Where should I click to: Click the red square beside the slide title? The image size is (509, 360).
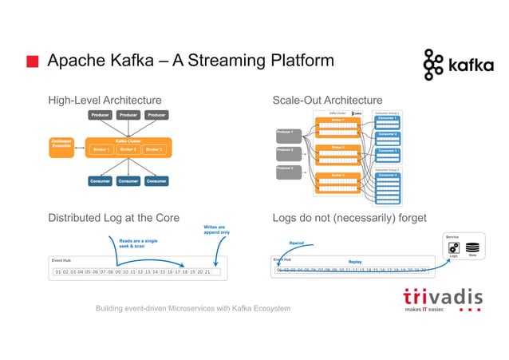[31, 62]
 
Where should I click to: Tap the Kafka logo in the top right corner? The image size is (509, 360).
[458, 65]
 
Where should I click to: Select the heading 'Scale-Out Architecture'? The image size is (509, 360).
[327, 100]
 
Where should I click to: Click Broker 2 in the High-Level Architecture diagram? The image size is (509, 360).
[128, 149]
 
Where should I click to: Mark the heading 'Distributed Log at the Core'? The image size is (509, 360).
[114, 218]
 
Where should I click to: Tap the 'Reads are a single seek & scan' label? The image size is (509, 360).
[138, 243]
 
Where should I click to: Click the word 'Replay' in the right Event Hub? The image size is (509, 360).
[355, 261]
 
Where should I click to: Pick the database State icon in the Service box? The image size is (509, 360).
[472, 248]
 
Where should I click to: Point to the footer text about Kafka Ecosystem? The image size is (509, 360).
[193, 309]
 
